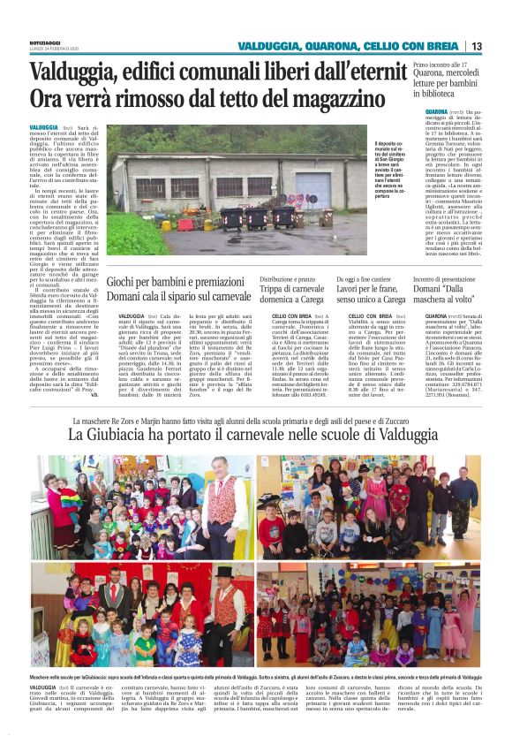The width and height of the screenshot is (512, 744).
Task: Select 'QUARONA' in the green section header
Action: (330, 46)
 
